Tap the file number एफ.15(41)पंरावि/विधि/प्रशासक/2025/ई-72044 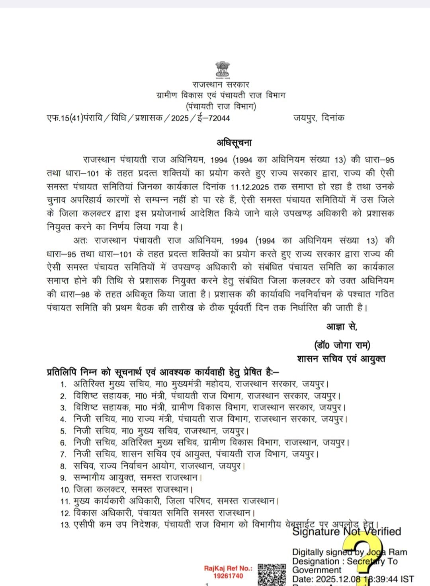tap(138, 118)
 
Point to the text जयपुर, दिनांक tap(319, 118)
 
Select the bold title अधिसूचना tap(234, 143)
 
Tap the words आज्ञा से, tap(342, 326)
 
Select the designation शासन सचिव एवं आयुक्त tap(341, 359)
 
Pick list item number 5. tap(63, 431)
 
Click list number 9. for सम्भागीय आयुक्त tap(63, 478)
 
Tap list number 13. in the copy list tap(65, 525)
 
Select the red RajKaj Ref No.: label tap(228, 568)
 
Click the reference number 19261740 tap(228, 576)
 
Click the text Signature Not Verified tap(346, 531)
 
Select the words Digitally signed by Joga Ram tap(350, 552)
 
